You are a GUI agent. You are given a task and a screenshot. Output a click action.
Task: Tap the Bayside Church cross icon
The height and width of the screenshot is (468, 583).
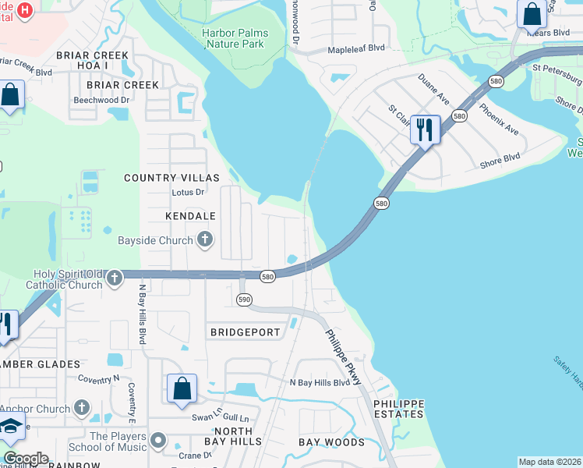click(205, 239)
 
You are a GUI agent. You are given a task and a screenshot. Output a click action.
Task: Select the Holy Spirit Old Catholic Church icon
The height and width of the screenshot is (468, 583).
click(114, 278)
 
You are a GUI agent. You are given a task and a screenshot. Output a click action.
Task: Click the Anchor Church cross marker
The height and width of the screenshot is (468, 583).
click(82, 408)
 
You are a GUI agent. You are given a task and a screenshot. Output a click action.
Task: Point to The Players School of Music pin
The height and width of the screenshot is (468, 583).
click(159, 441)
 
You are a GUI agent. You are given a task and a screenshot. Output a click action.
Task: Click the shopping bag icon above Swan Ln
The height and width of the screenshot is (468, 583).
click(182, 388)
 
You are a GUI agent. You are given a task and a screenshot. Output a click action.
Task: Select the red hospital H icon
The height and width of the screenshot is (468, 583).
click(24, 10)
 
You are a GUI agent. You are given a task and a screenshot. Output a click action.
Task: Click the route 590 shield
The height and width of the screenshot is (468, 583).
click(244, 300)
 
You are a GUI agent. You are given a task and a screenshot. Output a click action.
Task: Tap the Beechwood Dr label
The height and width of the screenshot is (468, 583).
click(101, 100)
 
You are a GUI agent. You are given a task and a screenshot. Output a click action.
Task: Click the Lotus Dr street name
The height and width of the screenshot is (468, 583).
click(188, 192)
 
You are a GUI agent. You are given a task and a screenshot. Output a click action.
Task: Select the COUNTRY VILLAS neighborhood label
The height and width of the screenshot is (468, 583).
click(164, 178)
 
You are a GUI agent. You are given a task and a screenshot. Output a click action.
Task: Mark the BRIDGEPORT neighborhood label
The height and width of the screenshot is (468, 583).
click(245, 332)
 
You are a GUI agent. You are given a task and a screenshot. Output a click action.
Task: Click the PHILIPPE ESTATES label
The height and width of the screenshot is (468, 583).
click(398, 409)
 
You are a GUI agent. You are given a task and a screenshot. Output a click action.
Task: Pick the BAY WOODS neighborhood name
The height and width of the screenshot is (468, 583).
click(331, 442)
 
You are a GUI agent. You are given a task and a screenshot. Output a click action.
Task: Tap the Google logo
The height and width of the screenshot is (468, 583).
click(26, 459)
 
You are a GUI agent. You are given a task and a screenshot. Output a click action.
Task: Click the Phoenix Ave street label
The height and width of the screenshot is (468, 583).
click(499, 119)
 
